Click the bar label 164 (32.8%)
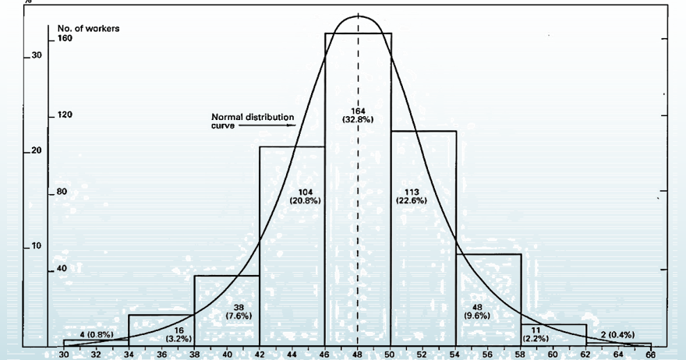pos(358,114)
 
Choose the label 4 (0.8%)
pos(97,335)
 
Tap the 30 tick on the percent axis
pos(36,56)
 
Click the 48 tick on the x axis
pos(357,354)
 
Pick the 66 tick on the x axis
pos(650,354)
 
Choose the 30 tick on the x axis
pos(63,354)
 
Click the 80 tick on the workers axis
pos(63,191)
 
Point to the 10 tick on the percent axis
pos(36,246)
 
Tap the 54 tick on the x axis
pos(455,354)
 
